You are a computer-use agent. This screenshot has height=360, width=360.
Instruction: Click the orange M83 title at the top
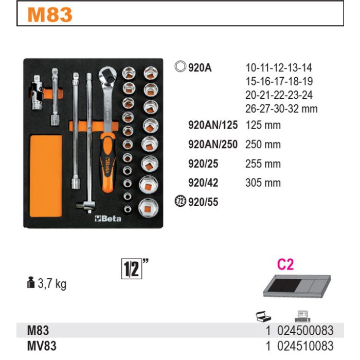pos(50,15)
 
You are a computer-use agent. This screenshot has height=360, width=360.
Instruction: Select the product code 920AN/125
pos(213,125)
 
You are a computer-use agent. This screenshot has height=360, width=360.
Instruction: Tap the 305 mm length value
pos(263,183)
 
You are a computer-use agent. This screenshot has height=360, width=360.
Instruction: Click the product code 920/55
pos(203,202)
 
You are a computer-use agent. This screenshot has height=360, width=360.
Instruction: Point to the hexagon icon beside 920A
pos(180,66)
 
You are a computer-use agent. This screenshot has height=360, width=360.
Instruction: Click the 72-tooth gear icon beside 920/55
pos(180,202)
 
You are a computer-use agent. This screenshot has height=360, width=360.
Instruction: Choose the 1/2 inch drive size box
pos(132,268)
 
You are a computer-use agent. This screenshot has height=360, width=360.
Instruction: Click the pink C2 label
pos(285,264)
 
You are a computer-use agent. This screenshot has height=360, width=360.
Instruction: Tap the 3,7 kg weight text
pos(52,284)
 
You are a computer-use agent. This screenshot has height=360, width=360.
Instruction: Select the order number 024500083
pos(305,330)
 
